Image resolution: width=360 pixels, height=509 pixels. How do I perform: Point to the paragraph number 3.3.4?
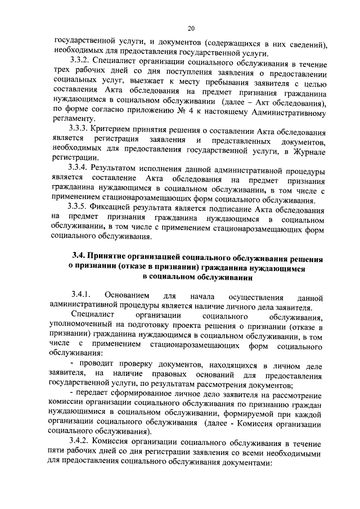pyautogui.click(x=80, y=169)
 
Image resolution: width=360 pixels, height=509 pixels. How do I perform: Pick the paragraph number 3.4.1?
pyautogui.click(x=81, y=296)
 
